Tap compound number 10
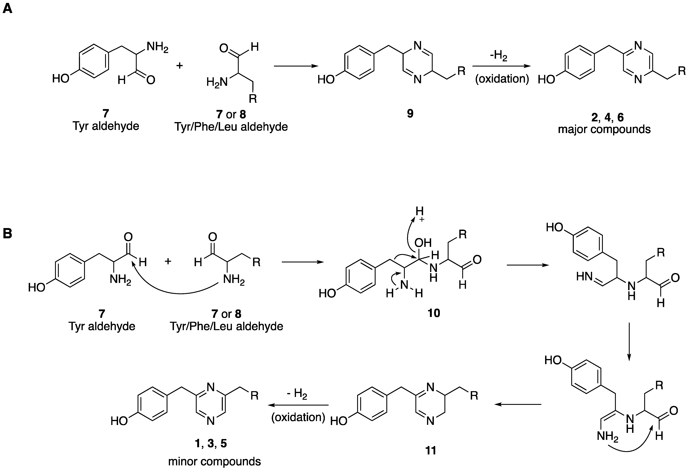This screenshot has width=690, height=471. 434,313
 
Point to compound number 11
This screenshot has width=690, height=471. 431,450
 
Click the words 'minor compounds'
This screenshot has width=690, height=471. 214,461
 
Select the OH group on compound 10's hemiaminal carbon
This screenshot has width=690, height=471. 423,243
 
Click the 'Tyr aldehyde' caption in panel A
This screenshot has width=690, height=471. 106,126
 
